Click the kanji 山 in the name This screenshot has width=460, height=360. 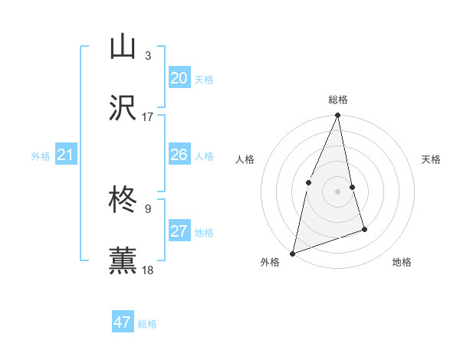click(123, 46)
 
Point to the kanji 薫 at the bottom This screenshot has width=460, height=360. click(123, 261)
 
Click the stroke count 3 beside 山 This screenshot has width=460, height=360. click(148, 55)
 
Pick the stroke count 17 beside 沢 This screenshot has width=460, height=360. click(148, 117)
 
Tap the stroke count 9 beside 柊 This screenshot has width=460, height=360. click(148, 208)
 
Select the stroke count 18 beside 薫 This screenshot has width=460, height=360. click(148, 270)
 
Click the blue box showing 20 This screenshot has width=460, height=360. click(179, 78)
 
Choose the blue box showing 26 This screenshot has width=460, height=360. click(179, 155)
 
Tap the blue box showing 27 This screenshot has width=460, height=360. click(179, 231)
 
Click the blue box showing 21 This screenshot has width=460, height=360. click(65, 155)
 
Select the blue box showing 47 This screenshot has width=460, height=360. click(123, 322)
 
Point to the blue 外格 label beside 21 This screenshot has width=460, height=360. click(41, 156)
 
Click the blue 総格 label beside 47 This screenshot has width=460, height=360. click(147, 324)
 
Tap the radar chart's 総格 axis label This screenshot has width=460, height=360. click(337, 100)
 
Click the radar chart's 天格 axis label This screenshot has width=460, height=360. click(431, 159)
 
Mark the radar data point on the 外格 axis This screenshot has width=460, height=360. click(292, 253)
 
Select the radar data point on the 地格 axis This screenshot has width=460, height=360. click(364, 229)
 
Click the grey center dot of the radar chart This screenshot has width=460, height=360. click(337, 191)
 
